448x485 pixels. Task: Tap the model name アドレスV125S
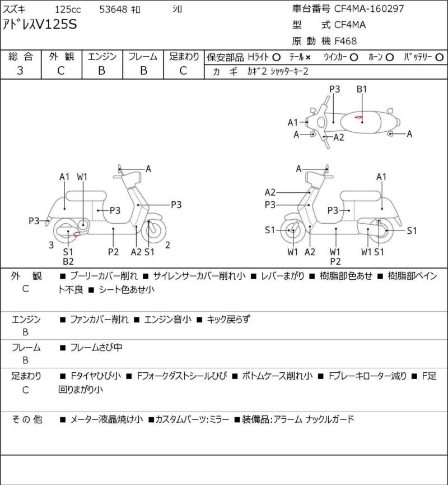(41, 25)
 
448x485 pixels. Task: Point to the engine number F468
(346, 40)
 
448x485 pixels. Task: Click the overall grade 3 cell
(21, 71)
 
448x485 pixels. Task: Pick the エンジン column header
(102, 57)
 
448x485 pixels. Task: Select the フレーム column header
(143, 57)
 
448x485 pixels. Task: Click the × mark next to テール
(308, 57)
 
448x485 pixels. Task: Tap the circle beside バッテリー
(439, 57)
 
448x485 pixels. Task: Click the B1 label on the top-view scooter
(362, 89)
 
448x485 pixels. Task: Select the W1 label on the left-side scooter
(82, 177)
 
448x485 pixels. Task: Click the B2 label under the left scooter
(68, 261)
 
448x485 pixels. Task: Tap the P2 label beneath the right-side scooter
(336, 261)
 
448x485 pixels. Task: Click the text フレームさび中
(96, 348)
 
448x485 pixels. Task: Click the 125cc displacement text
(67, 10)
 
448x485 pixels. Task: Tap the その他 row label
(27, 419)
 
